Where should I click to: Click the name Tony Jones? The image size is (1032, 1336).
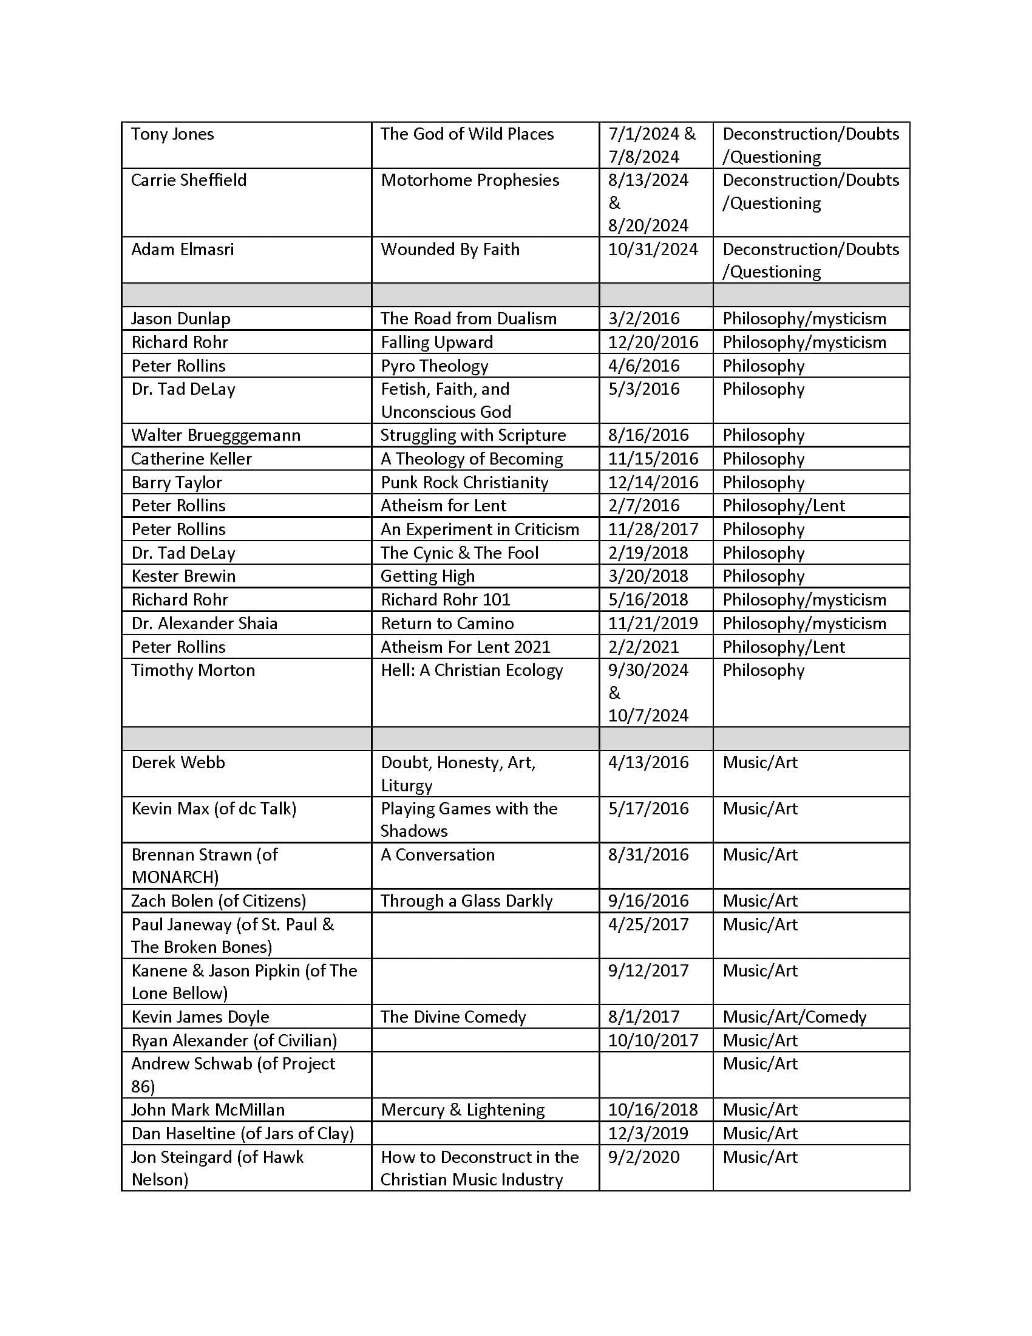tap(172, 134)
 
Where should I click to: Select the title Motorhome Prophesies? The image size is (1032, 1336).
tap(469, 180)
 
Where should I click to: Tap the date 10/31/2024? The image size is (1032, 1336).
tap(653, 249)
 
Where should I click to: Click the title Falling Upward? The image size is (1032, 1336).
tap(436, 342)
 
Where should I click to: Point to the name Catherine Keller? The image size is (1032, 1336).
tap(191, 458)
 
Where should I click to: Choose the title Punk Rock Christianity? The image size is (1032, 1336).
tap(464, 482)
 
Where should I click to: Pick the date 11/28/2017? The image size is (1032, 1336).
tap(653, 529)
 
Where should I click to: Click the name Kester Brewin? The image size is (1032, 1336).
tap(183, 576)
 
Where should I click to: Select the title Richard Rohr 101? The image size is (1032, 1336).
tap(445, 599)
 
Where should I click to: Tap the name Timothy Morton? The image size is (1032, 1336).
tap(192, 670)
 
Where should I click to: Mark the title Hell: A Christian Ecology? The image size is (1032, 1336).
tap(471, 670)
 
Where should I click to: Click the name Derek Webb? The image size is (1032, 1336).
tap(178, 762)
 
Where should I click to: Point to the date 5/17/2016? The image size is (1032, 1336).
tap(648, 808)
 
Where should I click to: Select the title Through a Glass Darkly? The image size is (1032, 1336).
tap(466, 901)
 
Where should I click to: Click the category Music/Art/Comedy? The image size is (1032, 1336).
tap(794, 1017)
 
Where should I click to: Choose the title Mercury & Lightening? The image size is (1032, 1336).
tap(462, 1109)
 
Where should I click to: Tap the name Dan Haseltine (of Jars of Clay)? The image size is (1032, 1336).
tap(243, 1134)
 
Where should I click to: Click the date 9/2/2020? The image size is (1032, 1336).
tap(643, 1157)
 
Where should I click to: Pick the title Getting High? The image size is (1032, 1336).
tap(427, 576)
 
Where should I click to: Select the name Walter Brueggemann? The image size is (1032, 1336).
tap(216, 435)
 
